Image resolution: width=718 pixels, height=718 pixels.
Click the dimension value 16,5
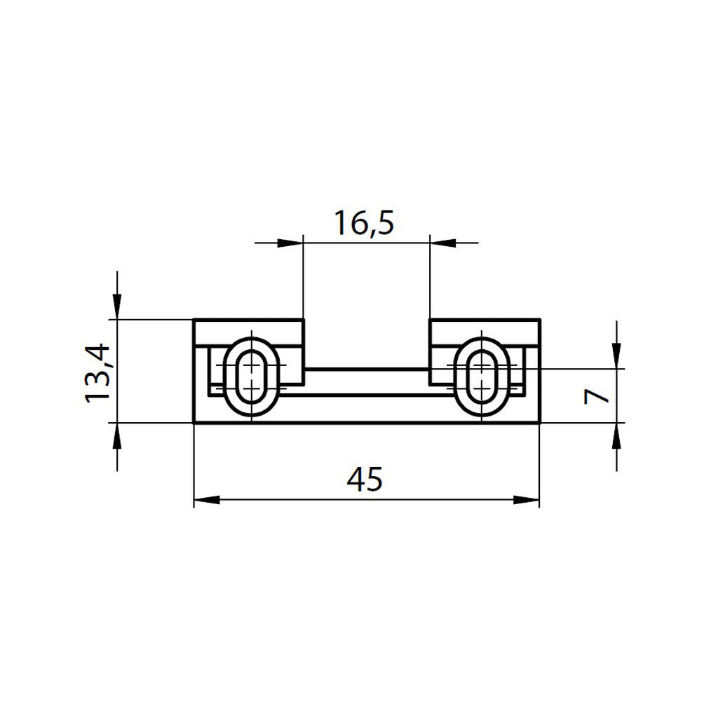[x=365, y=223]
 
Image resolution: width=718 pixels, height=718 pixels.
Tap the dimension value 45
[x=365, y=480]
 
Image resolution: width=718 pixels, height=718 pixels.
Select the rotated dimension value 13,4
[x=97, y=373]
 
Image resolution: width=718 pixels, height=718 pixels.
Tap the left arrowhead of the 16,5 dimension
[x=290, y=243]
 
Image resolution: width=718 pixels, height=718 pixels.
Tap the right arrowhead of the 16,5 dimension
[x=442, y=243]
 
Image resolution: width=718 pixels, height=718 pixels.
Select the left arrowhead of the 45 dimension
[x=207, y=500]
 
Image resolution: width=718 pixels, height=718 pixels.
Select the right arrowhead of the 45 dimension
[x=527, y=500]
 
